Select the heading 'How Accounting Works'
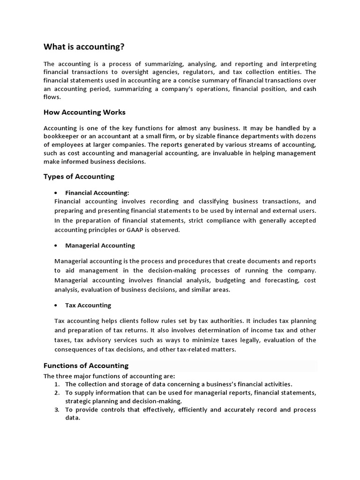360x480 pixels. point(84,112)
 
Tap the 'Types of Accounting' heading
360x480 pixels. point(79,177)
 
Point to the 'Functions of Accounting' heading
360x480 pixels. point(86,366)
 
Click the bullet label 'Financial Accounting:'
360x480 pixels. point(97,193)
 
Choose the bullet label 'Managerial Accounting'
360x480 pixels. point(100,245)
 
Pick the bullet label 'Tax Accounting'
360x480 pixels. point(88,305)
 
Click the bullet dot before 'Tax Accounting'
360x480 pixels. point(56,306)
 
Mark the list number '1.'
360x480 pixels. point(57,383)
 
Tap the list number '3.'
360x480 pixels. point(57,410)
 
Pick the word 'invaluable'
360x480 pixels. point(221,153)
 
